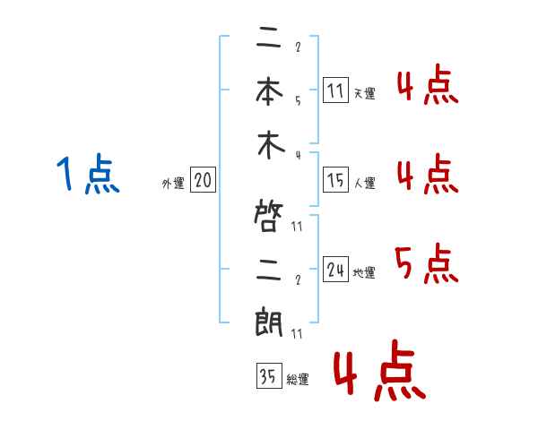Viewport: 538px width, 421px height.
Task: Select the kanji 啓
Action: (270, 215)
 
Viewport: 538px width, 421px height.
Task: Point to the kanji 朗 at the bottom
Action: (270, 322)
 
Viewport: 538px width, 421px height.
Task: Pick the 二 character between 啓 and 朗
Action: (270, 269)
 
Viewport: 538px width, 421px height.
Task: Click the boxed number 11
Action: (335, 90)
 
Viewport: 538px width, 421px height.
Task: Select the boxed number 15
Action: (335, 180)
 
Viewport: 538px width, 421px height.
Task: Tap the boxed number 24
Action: (335, 270)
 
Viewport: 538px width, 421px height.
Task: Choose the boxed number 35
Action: (267, 377)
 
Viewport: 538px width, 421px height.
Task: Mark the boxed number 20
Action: (203, 181)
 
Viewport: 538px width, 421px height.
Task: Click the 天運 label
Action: (364, 93)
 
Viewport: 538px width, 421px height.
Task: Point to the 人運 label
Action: (364, 183)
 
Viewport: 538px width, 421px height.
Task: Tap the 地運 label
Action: (364, 272)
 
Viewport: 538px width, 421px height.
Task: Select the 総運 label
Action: (297, 380)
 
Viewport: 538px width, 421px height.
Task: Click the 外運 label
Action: (173, 184)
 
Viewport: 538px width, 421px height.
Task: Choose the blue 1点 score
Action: (87, 174)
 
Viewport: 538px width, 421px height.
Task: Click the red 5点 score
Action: (427, 264)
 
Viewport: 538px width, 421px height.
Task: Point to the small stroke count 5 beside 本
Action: (297, 100)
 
